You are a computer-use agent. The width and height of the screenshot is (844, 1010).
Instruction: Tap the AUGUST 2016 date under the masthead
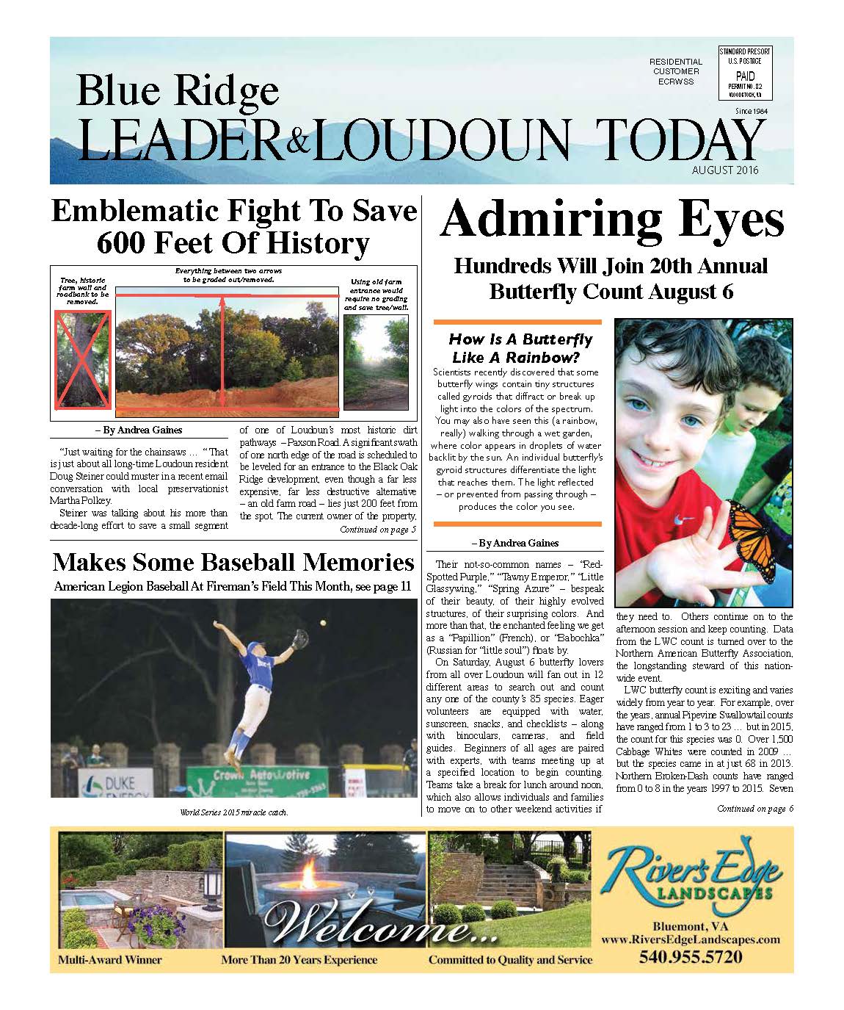[x=724, y=170]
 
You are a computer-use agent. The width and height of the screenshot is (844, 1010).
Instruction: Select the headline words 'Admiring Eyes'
[x=612, y=218]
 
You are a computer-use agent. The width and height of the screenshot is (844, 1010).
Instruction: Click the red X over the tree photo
[x=82, y=358]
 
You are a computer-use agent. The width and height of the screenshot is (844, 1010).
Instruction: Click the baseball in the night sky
[x=323, y=622]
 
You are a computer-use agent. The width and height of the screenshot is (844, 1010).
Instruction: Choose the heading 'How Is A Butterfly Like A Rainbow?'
[x=520, y=348]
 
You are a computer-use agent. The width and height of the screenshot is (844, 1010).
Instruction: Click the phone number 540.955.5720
[x=691, y=957]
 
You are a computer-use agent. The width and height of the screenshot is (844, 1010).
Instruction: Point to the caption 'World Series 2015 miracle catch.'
[x=234, y=812]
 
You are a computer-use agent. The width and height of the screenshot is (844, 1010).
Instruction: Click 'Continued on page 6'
[x=754, y=809]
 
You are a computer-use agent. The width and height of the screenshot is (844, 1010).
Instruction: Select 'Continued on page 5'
[x=377, y=529]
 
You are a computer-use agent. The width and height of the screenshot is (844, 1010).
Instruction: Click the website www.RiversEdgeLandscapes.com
[x=690, y=939]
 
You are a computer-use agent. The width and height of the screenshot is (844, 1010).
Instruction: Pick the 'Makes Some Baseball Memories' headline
[x=233, y=563]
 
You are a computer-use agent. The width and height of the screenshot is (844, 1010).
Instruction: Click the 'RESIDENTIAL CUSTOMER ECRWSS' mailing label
[x=675, y=72]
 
